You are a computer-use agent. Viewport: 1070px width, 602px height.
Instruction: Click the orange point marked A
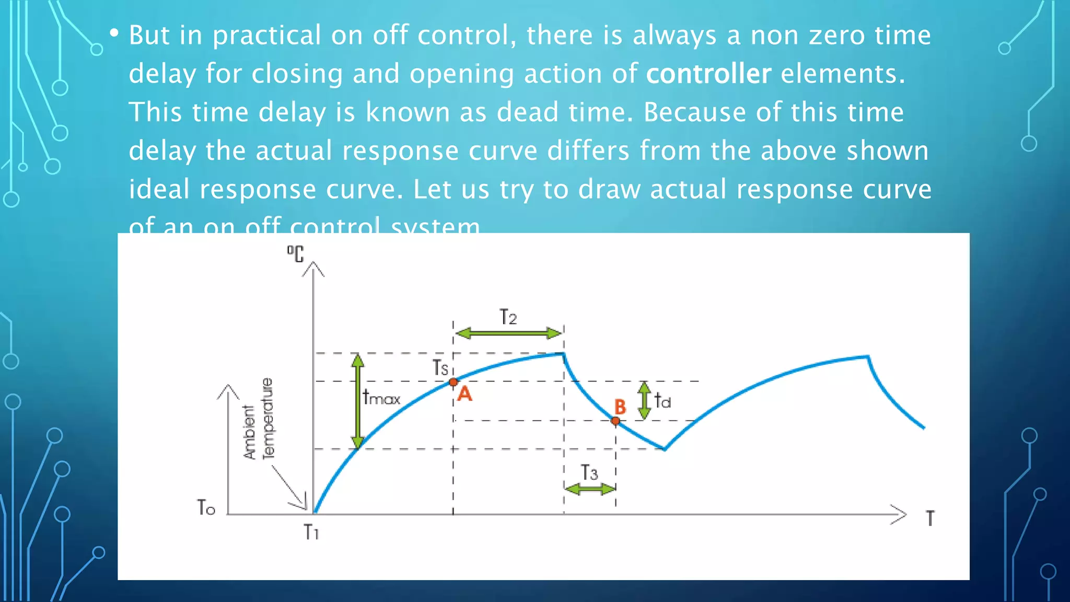[x=453, y=382]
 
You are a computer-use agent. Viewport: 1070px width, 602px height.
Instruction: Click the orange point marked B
[x=615, y=421]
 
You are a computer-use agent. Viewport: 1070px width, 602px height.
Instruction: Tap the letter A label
[x=464, y=394]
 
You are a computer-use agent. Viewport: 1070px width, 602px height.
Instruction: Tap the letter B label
[x=620, y=407]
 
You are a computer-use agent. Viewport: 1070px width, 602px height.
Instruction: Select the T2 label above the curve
[x=508, y=317]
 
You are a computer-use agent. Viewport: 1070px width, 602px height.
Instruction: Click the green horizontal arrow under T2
[x=508, y=333]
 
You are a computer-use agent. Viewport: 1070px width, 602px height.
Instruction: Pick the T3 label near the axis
[x=589, y=473]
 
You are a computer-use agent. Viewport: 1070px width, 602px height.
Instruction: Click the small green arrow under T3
[x=590, y=489]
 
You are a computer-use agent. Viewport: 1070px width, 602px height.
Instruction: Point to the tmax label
[x=381, y=398]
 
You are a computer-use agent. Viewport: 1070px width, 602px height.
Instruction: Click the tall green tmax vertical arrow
[x=357, y=401]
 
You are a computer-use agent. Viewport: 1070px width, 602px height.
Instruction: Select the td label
[x=662, y=401]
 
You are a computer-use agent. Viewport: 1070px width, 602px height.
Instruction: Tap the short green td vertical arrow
[x=644, y=400]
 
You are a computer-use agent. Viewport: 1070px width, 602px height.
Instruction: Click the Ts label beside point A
[x=440, y=367]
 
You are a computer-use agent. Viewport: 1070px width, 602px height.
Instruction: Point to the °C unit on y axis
[x=295, y=253]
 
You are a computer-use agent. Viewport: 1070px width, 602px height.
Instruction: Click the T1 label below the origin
[x=311, y=532]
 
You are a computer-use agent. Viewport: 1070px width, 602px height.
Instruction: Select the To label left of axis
[x=206, y=507]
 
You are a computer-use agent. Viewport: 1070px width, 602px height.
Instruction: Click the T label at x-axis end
[x=930, y=518]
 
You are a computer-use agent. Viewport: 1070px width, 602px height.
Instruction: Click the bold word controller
[x=708, y=74]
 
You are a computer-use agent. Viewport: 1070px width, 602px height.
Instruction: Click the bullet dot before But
[x=114, y=33]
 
